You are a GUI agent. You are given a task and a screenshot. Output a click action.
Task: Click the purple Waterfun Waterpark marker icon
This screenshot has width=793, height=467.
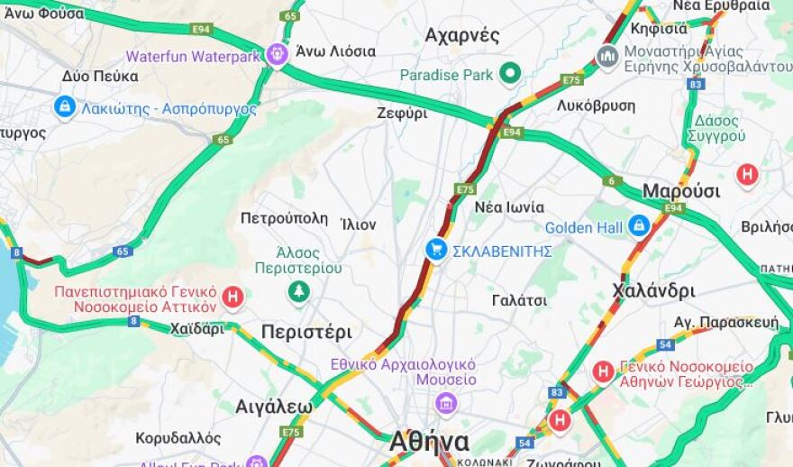(278, 55)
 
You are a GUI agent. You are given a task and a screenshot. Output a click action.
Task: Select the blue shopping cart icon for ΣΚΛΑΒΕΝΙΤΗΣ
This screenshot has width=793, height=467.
(436, 250)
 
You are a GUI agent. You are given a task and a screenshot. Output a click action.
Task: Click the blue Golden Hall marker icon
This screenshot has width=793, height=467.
(639, 225)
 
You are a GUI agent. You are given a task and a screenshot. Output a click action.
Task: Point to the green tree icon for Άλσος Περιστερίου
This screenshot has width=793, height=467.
(298, 291)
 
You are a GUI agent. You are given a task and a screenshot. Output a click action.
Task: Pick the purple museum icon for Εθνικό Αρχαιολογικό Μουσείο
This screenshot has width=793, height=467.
(446, 402)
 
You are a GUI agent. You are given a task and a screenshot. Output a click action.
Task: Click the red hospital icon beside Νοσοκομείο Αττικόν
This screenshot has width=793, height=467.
(233, 296)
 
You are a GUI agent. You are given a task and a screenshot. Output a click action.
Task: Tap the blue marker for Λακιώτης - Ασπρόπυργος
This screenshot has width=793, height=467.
(65, 107)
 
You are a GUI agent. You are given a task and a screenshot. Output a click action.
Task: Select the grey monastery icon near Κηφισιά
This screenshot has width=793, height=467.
(607, 57)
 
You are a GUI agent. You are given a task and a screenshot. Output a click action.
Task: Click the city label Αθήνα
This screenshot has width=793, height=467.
(429, 442)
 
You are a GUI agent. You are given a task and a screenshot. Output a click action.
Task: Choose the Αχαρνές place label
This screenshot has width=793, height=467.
(461, 36)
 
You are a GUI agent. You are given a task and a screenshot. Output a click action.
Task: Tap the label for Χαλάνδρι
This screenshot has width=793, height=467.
(653, 290)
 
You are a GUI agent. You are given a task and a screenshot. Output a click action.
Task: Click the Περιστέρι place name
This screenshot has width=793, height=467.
(306, 332)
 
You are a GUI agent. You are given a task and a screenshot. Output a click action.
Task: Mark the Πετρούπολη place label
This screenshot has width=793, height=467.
(284, 218)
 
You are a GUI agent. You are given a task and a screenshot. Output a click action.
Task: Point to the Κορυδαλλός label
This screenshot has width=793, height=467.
(178, 438)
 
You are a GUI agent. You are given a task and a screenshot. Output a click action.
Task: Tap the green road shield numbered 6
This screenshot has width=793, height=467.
(613, 181)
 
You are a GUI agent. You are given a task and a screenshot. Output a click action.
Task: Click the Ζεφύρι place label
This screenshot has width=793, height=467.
(402, 114)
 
